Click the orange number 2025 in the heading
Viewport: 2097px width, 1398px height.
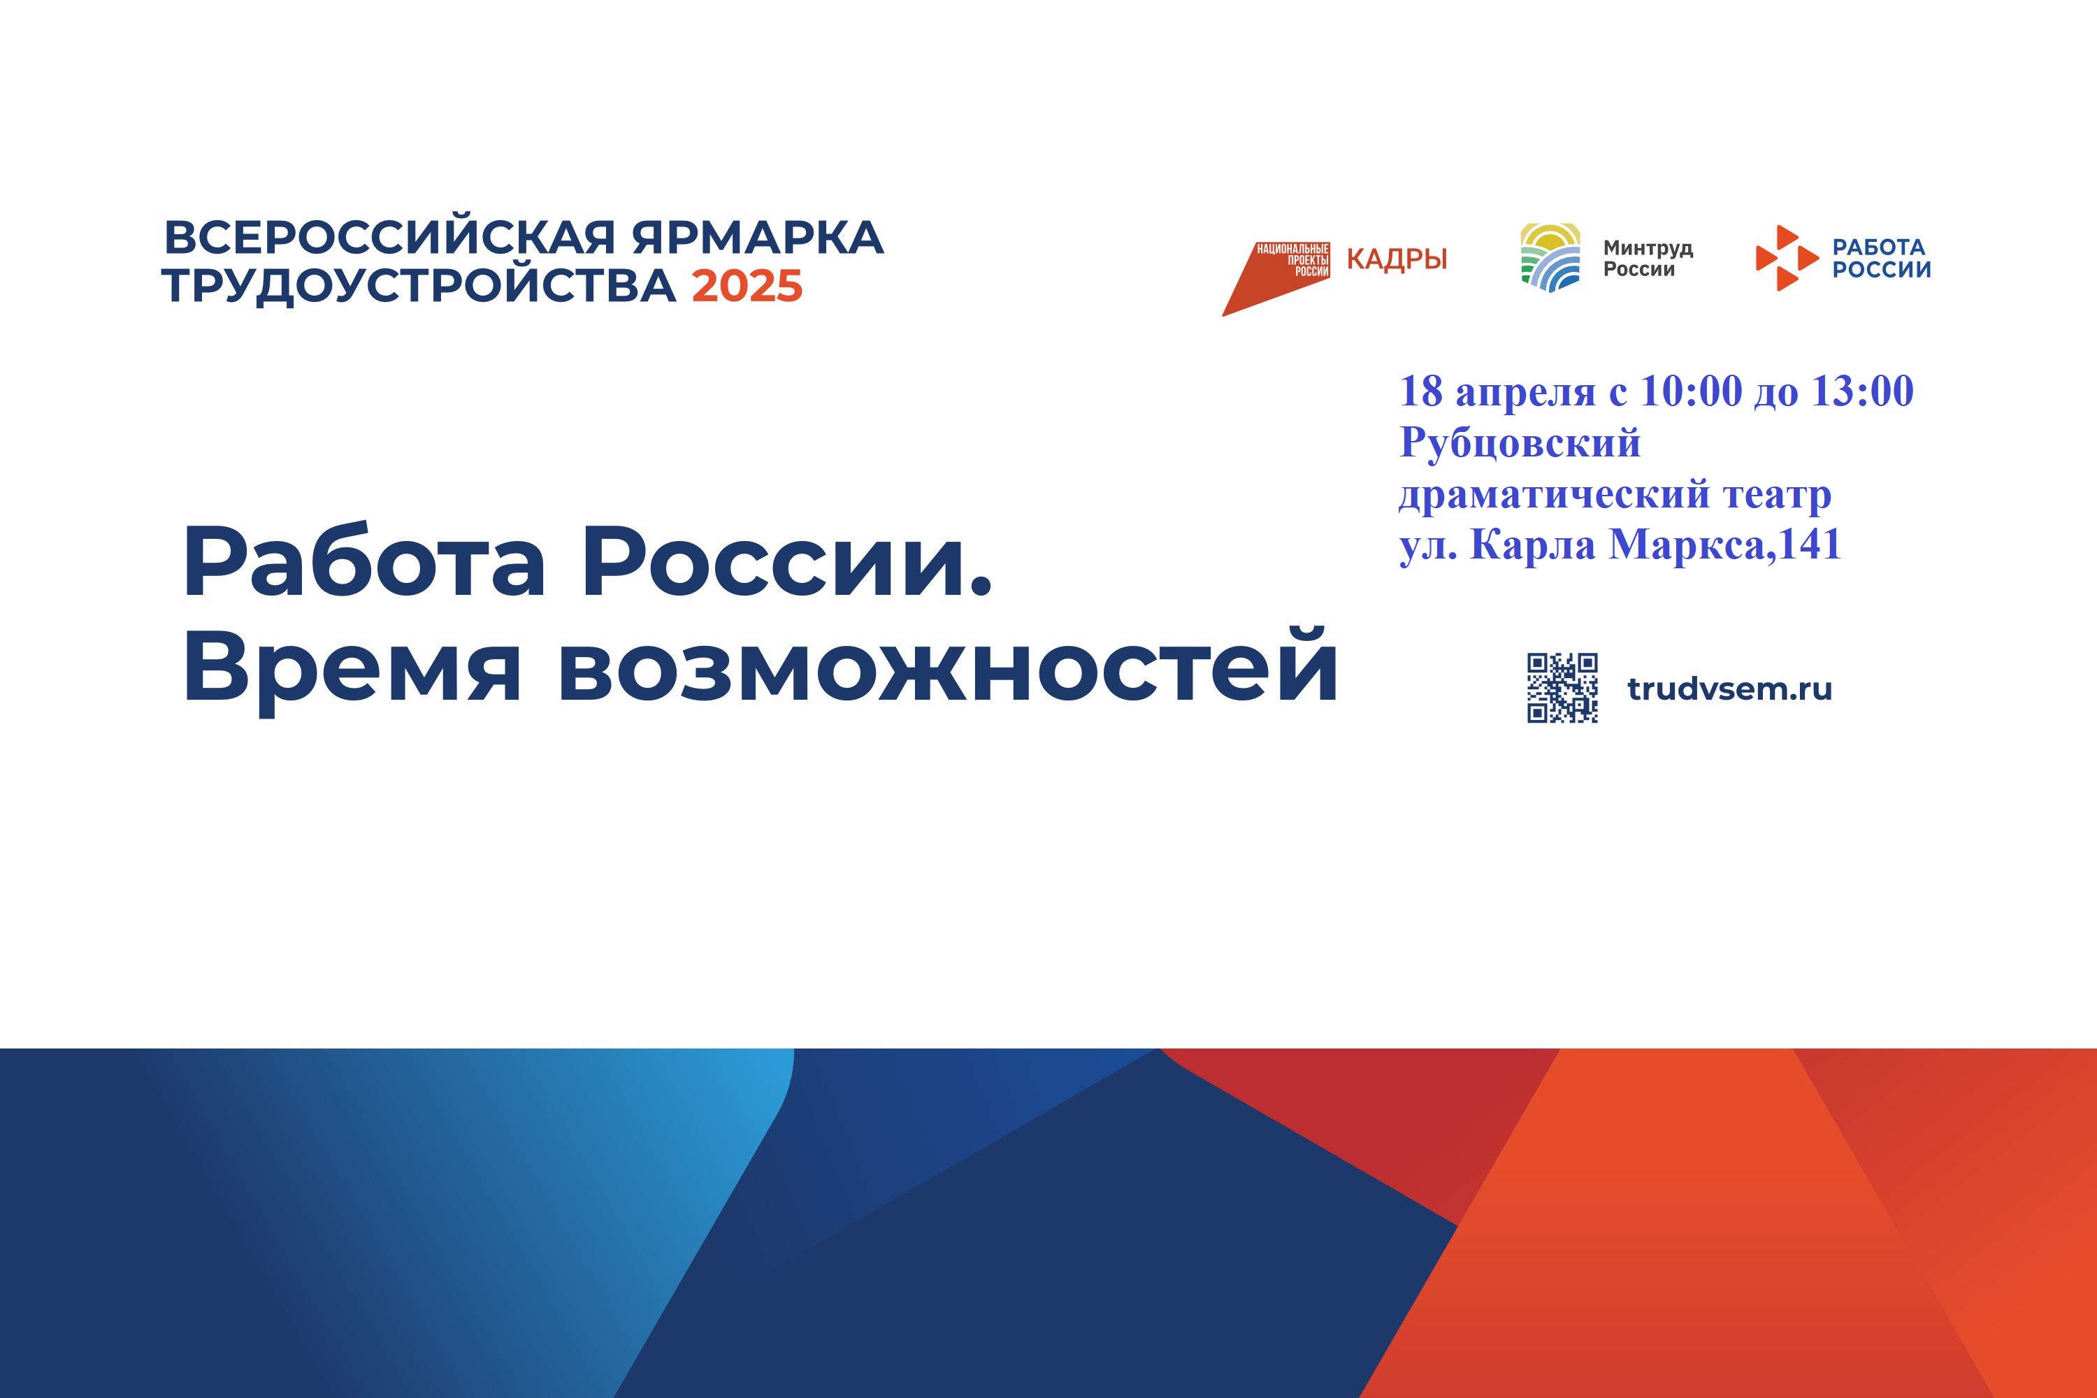point(747,285)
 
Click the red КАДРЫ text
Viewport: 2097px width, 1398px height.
point(1396,259)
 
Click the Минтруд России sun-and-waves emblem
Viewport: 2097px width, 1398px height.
point(1550,258)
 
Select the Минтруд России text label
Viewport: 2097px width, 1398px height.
point(1648,259)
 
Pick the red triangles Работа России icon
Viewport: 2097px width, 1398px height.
point(1786,258)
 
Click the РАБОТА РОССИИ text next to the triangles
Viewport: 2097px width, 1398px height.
point(1881,259)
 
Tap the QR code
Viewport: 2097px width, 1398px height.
point(1562,687)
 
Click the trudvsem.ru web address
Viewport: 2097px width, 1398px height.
point(1729,689)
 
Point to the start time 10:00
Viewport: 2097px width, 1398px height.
point(1690,391)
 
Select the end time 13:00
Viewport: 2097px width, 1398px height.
point(1863,391)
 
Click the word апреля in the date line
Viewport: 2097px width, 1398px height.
point(1525,393)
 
